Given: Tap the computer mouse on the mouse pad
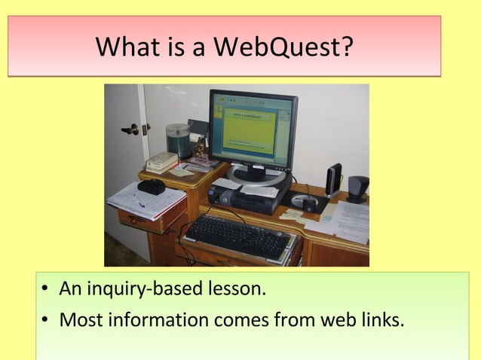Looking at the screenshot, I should point(309,201).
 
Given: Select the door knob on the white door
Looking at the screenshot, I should point(132,130).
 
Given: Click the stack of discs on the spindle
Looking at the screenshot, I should point(178,141).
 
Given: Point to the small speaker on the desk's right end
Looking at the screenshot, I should point(357,187).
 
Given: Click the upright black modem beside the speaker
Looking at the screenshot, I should point(333,179).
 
